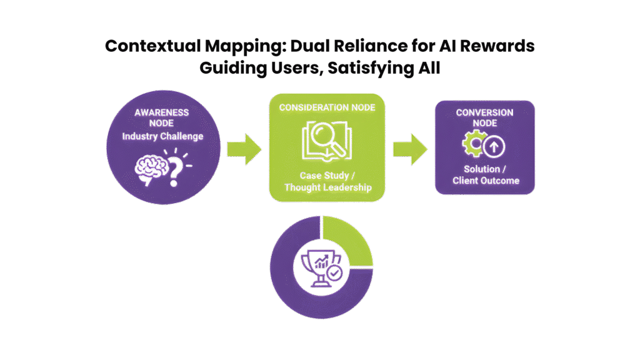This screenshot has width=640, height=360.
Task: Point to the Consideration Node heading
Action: (327, 107)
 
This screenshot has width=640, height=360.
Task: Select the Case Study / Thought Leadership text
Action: (327, 181)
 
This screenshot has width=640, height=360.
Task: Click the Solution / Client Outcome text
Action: (485, 175)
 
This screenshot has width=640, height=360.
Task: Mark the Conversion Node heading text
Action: (485, 117)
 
